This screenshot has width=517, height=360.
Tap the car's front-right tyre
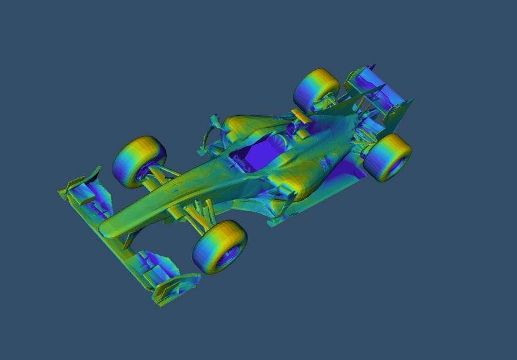coord(140,161)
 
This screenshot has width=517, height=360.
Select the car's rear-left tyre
coord(388,157)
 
